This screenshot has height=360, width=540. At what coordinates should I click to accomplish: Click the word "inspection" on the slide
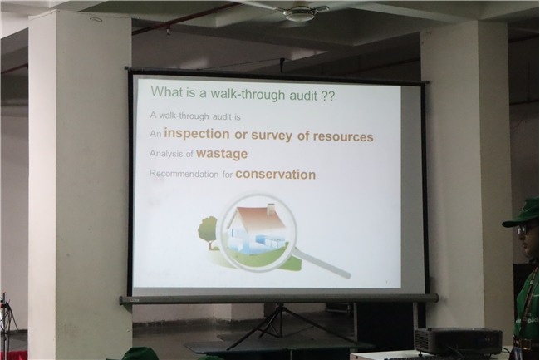(x=197, y=134)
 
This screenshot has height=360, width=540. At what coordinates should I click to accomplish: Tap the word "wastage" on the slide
(x=222, y=154)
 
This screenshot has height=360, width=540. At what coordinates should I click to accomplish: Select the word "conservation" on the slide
(x=276, y=175)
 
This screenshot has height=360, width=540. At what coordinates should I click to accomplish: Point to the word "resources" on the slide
(x=343, y=136)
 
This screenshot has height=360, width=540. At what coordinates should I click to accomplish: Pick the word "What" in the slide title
(x=164, y=91)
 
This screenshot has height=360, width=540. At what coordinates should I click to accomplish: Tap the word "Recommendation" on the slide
(x=184, y=174)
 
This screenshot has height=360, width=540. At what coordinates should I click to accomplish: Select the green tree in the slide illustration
(x=209, y=229)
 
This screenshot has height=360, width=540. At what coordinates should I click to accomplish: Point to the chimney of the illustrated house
(x=272, y=209)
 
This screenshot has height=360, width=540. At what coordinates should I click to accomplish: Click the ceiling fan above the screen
(x=298, y=12)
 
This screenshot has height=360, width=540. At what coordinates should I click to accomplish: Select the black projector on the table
(x=459, y=340)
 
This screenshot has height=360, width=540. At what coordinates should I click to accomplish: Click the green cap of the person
(x=521, y=213)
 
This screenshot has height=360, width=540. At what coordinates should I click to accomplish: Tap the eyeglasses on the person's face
(x=524, y=229)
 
